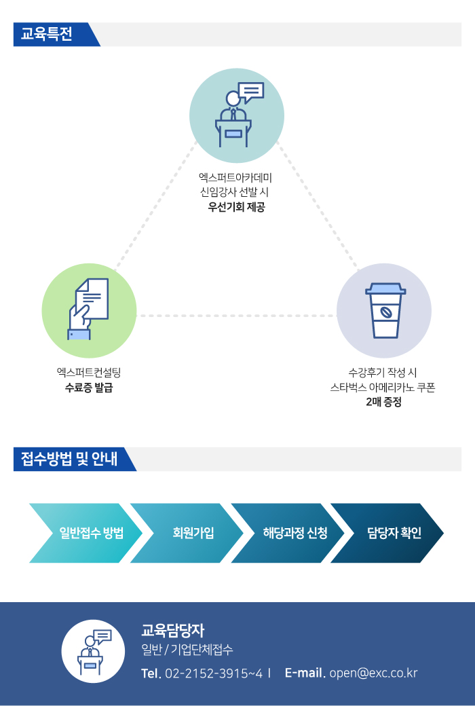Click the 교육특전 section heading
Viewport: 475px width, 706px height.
pos(46,34)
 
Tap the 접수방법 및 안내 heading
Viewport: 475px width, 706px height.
pos(69,459)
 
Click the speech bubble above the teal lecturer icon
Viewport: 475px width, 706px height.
pos(251,92)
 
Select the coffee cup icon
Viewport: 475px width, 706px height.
pos(385,310)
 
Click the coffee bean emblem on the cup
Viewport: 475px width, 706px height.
pos(385,312)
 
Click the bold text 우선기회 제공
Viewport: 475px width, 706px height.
pos(236,207)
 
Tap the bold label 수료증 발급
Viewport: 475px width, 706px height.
pos(89,387)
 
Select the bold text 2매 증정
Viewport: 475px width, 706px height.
pos(383,402)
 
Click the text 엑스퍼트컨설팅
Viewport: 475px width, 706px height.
pos(89,373)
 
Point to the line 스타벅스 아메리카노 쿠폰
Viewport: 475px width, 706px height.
pos(383,387)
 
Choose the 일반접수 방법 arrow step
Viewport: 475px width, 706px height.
pos(85,533)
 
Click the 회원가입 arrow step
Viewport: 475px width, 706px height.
pos(187,533)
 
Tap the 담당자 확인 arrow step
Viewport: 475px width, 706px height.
pos(387,533)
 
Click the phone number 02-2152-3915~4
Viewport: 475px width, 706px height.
pos(214,673)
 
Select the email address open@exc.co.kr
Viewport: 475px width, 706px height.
pos(374,673)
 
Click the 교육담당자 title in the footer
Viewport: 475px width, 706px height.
pos(173,631)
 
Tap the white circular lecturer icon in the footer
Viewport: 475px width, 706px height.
pos(93,651)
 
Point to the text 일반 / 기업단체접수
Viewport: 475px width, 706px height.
pos(187,650)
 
